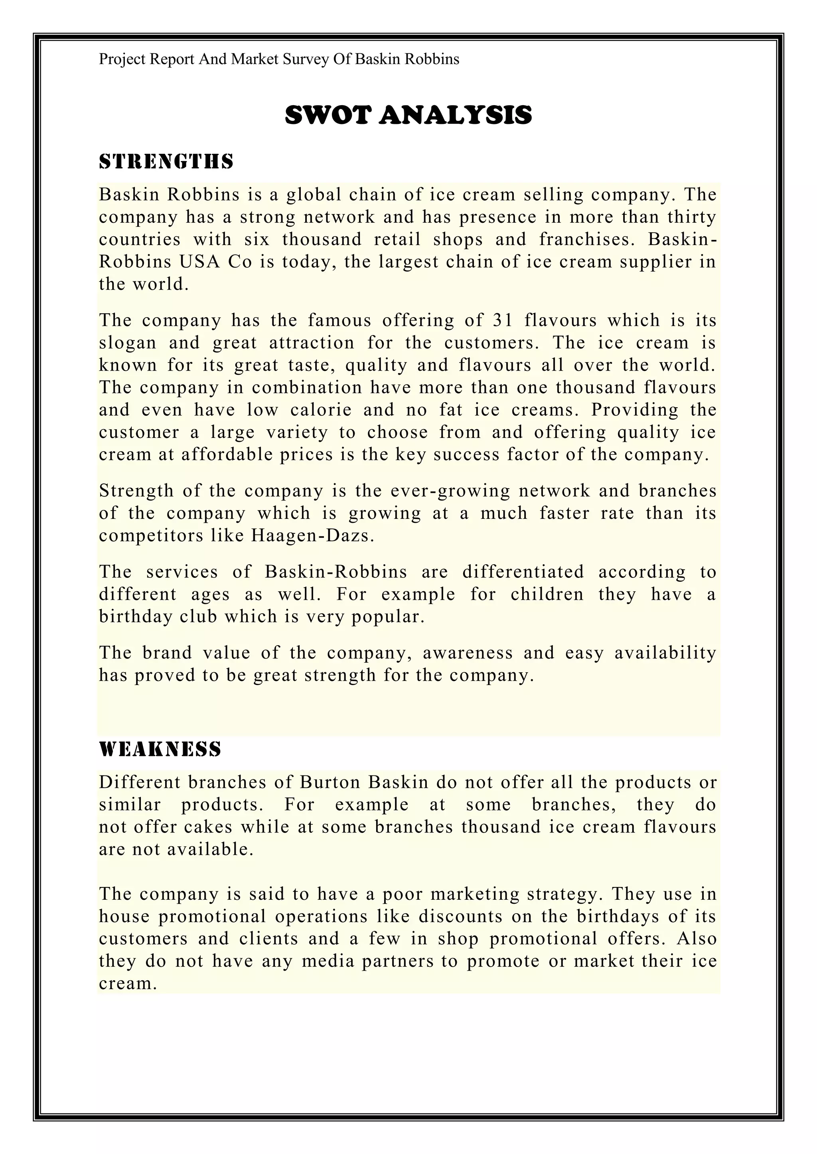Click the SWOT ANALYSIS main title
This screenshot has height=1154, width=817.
click(x=408, y=115)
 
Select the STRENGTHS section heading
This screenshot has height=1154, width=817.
click(x=166, y=162)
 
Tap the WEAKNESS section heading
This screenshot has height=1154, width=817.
click(x=160, y=750)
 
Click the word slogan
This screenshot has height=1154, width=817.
click(x=128, y=343)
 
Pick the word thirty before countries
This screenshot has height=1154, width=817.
click(x=691, y=217)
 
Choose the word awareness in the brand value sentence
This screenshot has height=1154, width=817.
click(x=468, y=652)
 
